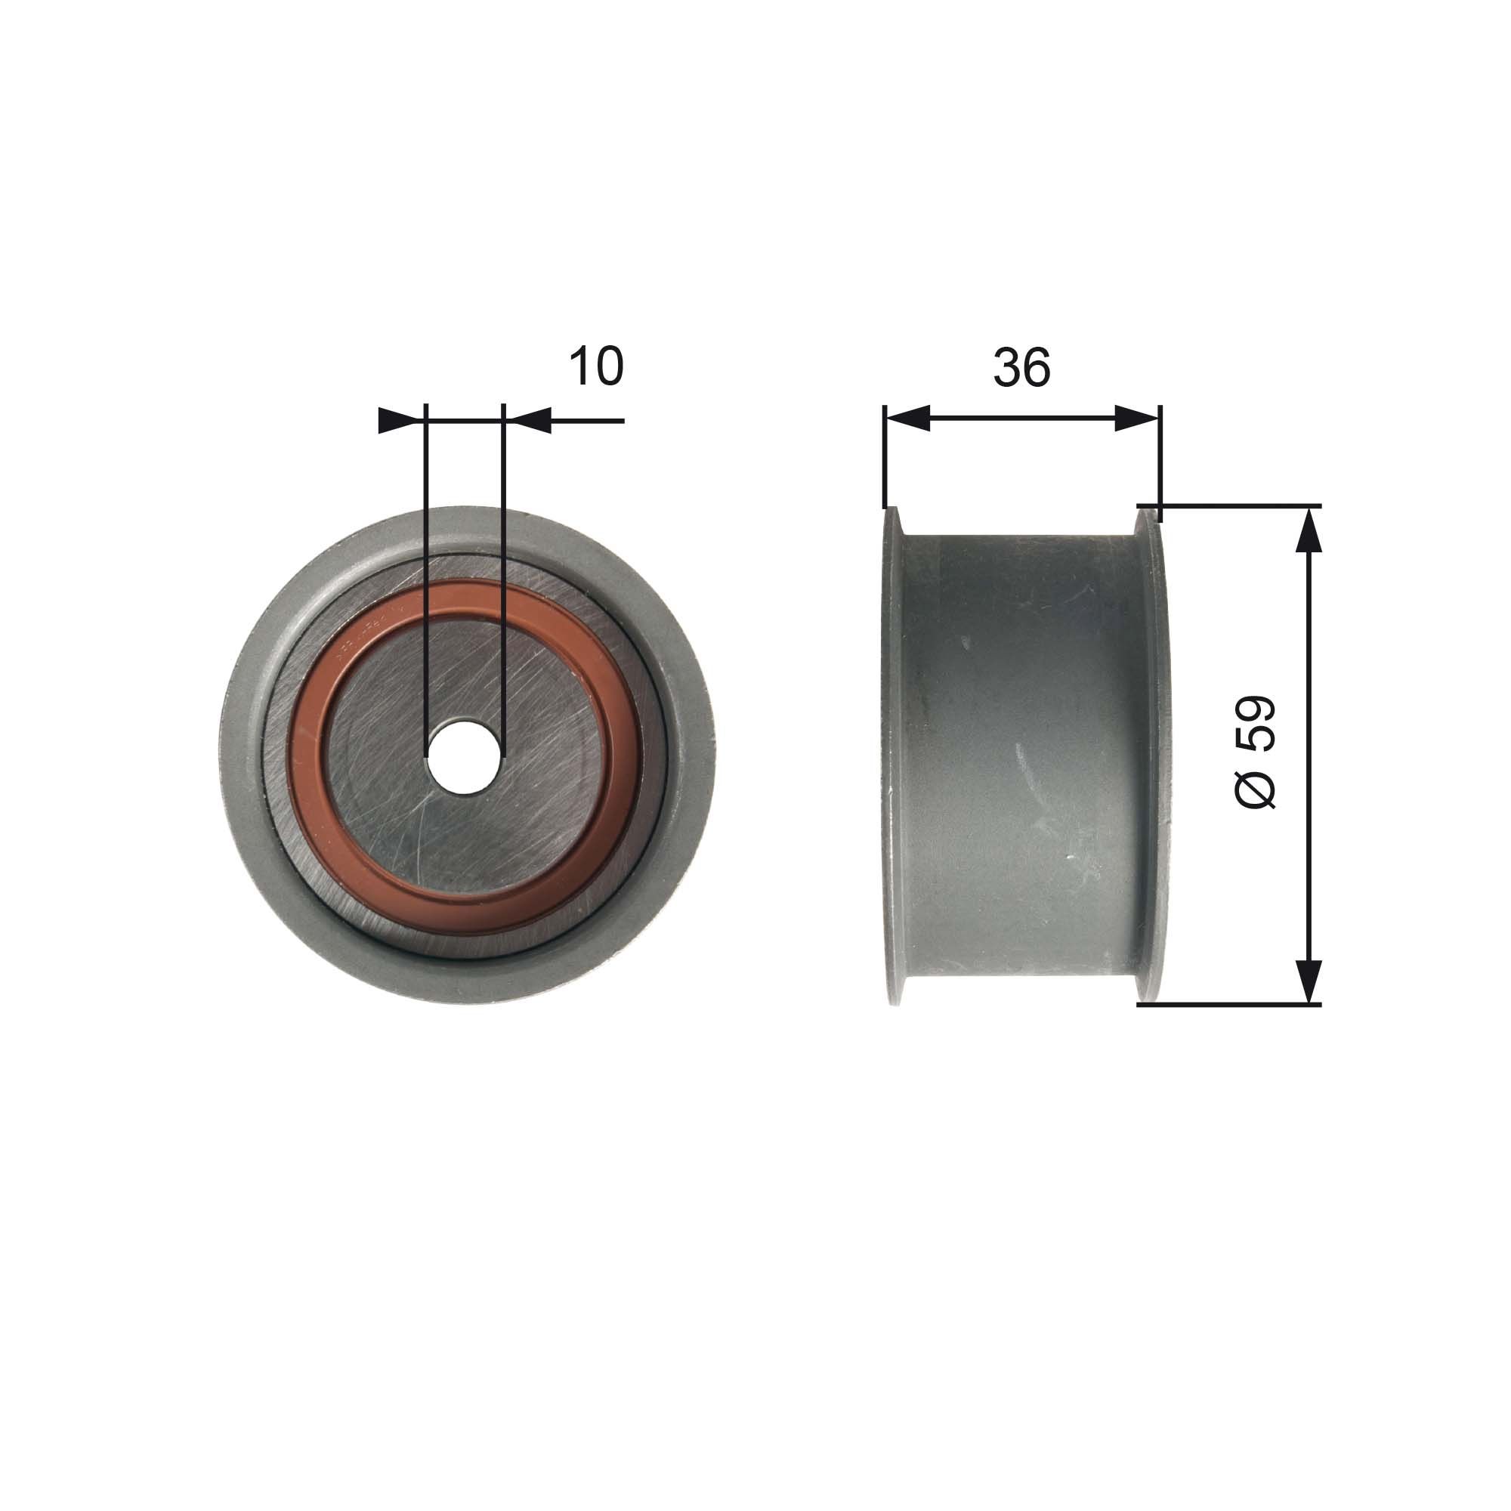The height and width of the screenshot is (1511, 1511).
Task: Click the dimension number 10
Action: (596, 365)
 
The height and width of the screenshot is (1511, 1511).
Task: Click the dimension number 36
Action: (1021, 367)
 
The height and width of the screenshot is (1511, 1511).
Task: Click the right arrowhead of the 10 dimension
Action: (528, 421)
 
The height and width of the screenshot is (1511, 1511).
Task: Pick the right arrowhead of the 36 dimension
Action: (1136, 419)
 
